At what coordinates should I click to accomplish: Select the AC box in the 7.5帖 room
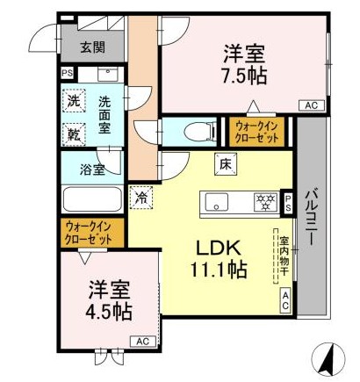[x=309, y=105]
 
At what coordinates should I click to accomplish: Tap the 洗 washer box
[x=75, y=101]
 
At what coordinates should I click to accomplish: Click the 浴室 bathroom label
[x=93, y=168]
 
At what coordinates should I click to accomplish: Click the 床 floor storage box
[x=225, y=162]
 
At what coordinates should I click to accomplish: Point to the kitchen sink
[x=217, y=201]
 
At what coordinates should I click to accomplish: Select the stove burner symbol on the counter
[x=263, y=201]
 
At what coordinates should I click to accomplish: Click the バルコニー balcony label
[x=312, y=219]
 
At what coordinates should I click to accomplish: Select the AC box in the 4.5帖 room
[x=140, y=341]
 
